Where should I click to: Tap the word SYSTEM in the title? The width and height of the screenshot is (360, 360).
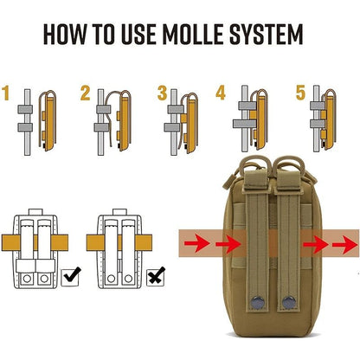click(267, 35)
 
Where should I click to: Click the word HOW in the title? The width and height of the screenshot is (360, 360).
click(65, 35)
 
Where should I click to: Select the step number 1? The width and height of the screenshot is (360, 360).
click(6, 93)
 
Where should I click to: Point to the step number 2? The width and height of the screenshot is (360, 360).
click(85, 93)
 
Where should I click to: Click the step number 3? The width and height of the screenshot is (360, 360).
click(163, 93)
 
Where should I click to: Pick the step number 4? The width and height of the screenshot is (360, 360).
click(221, 93)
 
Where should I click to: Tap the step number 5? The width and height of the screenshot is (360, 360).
click(300, 93)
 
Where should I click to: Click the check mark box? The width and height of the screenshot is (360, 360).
click(71, 277)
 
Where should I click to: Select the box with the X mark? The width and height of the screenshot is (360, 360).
click(156, 277)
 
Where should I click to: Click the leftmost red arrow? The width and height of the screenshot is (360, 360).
click(197, 243)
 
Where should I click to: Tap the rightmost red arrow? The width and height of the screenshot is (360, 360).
click(344, 245)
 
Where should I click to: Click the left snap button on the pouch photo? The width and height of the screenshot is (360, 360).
click(256, 302)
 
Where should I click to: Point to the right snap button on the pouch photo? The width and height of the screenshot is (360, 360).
click(287, 302)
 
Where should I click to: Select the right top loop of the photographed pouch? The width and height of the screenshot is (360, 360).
click(289, 165)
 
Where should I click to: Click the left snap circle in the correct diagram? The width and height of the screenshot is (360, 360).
click(27, 279)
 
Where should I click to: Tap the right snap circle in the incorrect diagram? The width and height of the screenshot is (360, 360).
click(128, 279)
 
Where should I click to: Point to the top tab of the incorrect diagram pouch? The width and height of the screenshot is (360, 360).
click(119, 212)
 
